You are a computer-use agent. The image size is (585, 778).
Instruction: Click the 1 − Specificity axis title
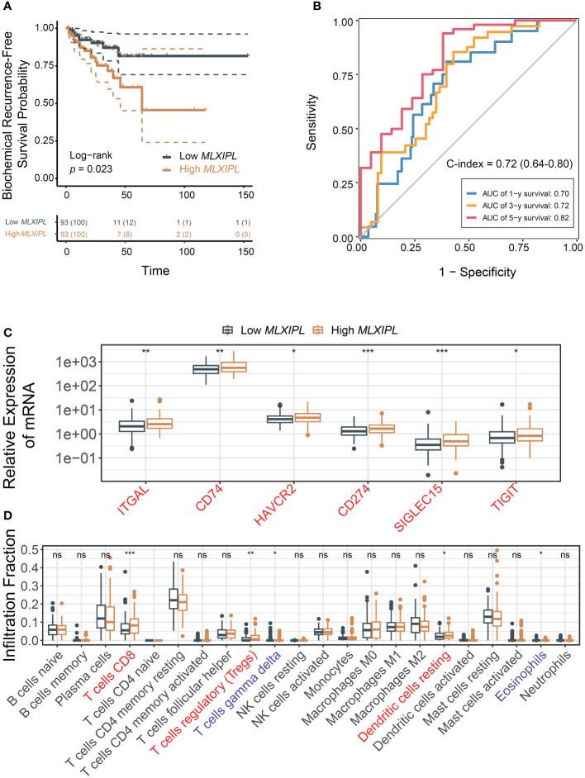coord(465,271)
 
